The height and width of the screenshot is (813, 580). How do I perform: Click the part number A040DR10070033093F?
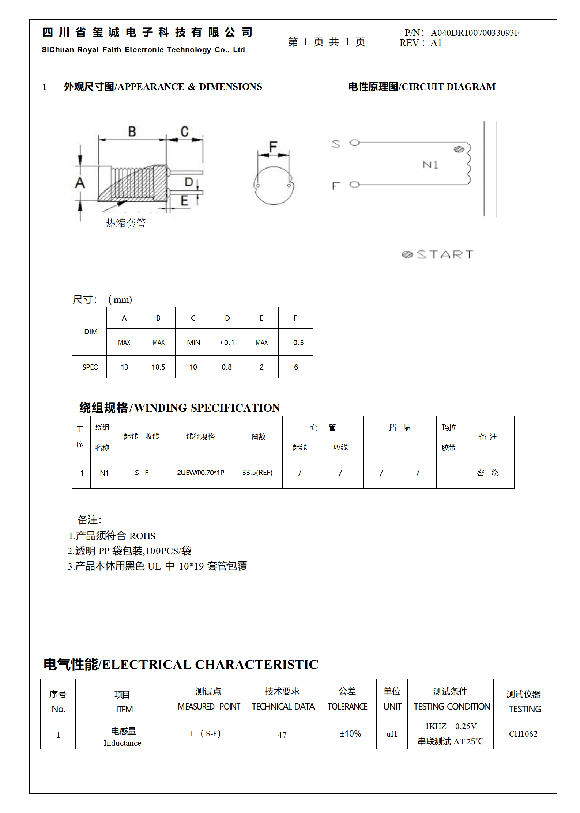(475, 33)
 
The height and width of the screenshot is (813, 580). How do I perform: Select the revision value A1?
(436, 43)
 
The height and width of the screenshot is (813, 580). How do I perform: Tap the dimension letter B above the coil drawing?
(132, 132)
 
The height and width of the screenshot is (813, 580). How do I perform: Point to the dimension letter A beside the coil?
(80, 183)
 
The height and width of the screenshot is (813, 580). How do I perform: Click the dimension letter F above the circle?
(273, 147)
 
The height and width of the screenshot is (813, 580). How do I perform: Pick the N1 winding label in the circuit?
(430, 165)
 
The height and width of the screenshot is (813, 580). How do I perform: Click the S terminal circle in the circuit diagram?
(354, 143)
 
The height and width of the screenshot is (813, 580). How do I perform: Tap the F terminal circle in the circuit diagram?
(354, 185)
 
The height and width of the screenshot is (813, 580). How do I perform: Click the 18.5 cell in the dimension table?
(158, 367)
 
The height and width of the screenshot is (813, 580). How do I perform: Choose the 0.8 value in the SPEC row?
(227, 367)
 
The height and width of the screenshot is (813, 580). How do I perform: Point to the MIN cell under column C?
(193, 343)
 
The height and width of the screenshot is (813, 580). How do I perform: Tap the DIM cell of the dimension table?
(91, 332)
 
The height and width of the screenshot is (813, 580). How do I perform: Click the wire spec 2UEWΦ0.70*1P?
(200, 473)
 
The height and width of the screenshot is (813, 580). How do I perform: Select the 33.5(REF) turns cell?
(257, 473)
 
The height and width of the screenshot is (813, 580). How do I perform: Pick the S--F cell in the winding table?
(142, 473)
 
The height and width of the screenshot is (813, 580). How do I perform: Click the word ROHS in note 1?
(142, 536)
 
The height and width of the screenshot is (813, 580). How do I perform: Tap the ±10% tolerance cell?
(350, 734)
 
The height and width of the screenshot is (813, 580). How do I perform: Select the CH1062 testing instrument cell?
(523, 734)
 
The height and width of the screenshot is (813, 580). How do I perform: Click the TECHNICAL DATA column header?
(283, 707)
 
